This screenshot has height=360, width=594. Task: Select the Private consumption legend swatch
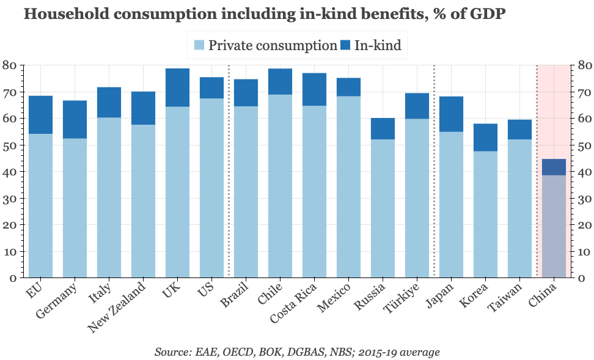[x=199, y=45]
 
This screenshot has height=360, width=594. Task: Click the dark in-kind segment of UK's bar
[x=177, y=87]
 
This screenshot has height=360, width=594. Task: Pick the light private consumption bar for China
[x=554, y=226]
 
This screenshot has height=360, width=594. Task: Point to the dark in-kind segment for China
[x=554, y=167]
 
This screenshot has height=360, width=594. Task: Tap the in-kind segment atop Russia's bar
[x=383, y=128]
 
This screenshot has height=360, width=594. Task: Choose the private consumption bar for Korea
[x=485, y=214]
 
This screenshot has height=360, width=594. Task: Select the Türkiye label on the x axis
[x=403, y=298]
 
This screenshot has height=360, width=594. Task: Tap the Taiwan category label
[x=507, y=296]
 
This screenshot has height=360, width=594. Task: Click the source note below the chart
[x=297, y=352]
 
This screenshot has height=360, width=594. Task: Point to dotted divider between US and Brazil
[x=229, y=171]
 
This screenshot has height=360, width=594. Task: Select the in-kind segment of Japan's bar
[x=451, y=114]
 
